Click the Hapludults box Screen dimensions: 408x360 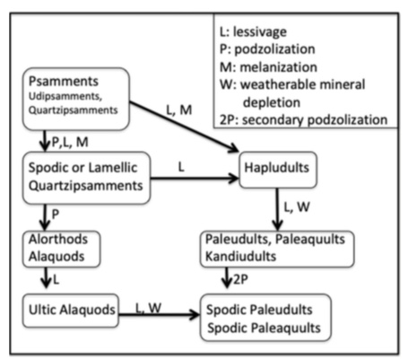[x=278, y=170]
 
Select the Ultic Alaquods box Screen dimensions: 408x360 [x=71, y=311]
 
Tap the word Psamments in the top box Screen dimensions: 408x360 [x=64, y=81]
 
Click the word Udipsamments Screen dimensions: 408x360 [x=65, y=96]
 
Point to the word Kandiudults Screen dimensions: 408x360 [x=240, y=257]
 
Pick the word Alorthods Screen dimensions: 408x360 [x=58, y=239]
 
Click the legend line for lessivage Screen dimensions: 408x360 [x=253, y=31]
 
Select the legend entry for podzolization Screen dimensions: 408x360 [x=267, y=49]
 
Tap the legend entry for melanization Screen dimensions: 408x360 [x=268, y=67]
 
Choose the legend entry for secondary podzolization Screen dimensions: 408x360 [x=303, y=119]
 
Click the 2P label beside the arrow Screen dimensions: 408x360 [x=240, y=279]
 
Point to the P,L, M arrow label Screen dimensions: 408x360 [x=70, y=142]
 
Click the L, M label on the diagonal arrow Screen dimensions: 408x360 [x=179, y=110]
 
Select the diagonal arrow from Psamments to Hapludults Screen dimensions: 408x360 [x=184, y=127]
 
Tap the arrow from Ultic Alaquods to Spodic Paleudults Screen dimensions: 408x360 [x=159, y=314]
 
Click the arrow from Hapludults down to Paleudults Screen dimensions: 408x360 [x=278, y=209]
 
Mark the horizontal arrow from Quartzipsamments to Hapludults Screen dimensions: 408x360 [x=195, y=179]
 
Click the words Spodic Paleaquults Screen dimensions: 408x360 [x=264, y=328]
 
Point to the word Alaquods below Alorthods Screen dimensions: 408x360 [x=56, y=257]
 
